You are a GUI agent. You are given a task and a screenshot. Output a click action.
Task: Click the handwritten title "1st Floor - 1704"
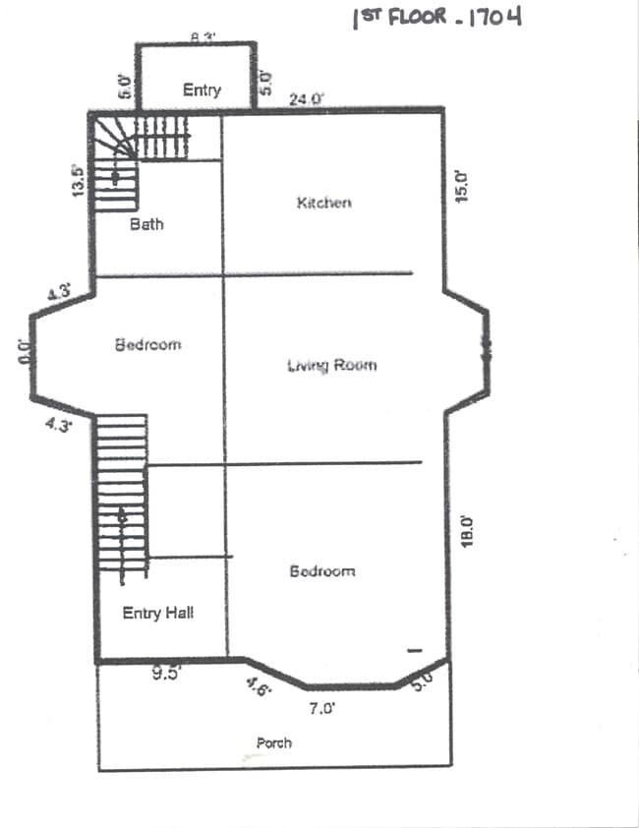[436, 18]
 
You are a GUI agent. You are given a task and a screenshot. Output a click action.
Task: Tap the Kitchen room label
[323, 203]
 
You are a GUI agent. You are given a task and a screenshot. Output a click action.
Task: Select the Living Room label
[331, 366]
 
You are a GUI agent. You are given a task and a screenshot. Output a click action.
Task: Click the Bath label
[146, 224]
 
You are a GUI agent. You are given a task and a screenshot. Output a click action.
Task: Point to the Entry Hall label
[157, 613]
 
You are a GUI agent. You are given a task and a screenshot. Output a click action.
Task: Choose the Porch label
[273, 743]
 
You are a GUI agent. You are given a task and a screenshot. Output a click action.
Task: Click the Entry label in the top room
[202, 89]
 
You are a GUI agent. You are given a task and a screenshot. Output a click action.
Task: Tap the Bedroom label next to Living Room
[147, 345]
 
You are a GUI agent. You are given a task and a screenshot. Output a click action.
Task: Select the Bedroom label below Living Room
[321, 571]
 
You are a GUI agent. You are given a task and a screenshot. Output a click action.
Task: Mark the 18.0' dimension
[468, 531]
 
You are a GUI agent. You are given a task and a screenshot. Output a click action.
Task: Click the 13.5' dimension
[79, 180]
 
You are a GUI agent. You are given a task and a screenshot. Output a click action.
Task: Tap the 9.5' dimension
[163, 674]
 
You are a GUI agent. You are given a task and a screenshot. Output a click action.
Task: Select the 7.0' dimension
[321, 706]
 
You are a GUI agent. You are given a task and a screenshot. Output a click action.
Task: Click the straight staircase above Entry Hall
[123, 497]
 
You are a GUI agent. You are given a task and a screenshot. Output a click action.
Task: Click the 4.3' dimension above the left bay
[58, 292]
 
